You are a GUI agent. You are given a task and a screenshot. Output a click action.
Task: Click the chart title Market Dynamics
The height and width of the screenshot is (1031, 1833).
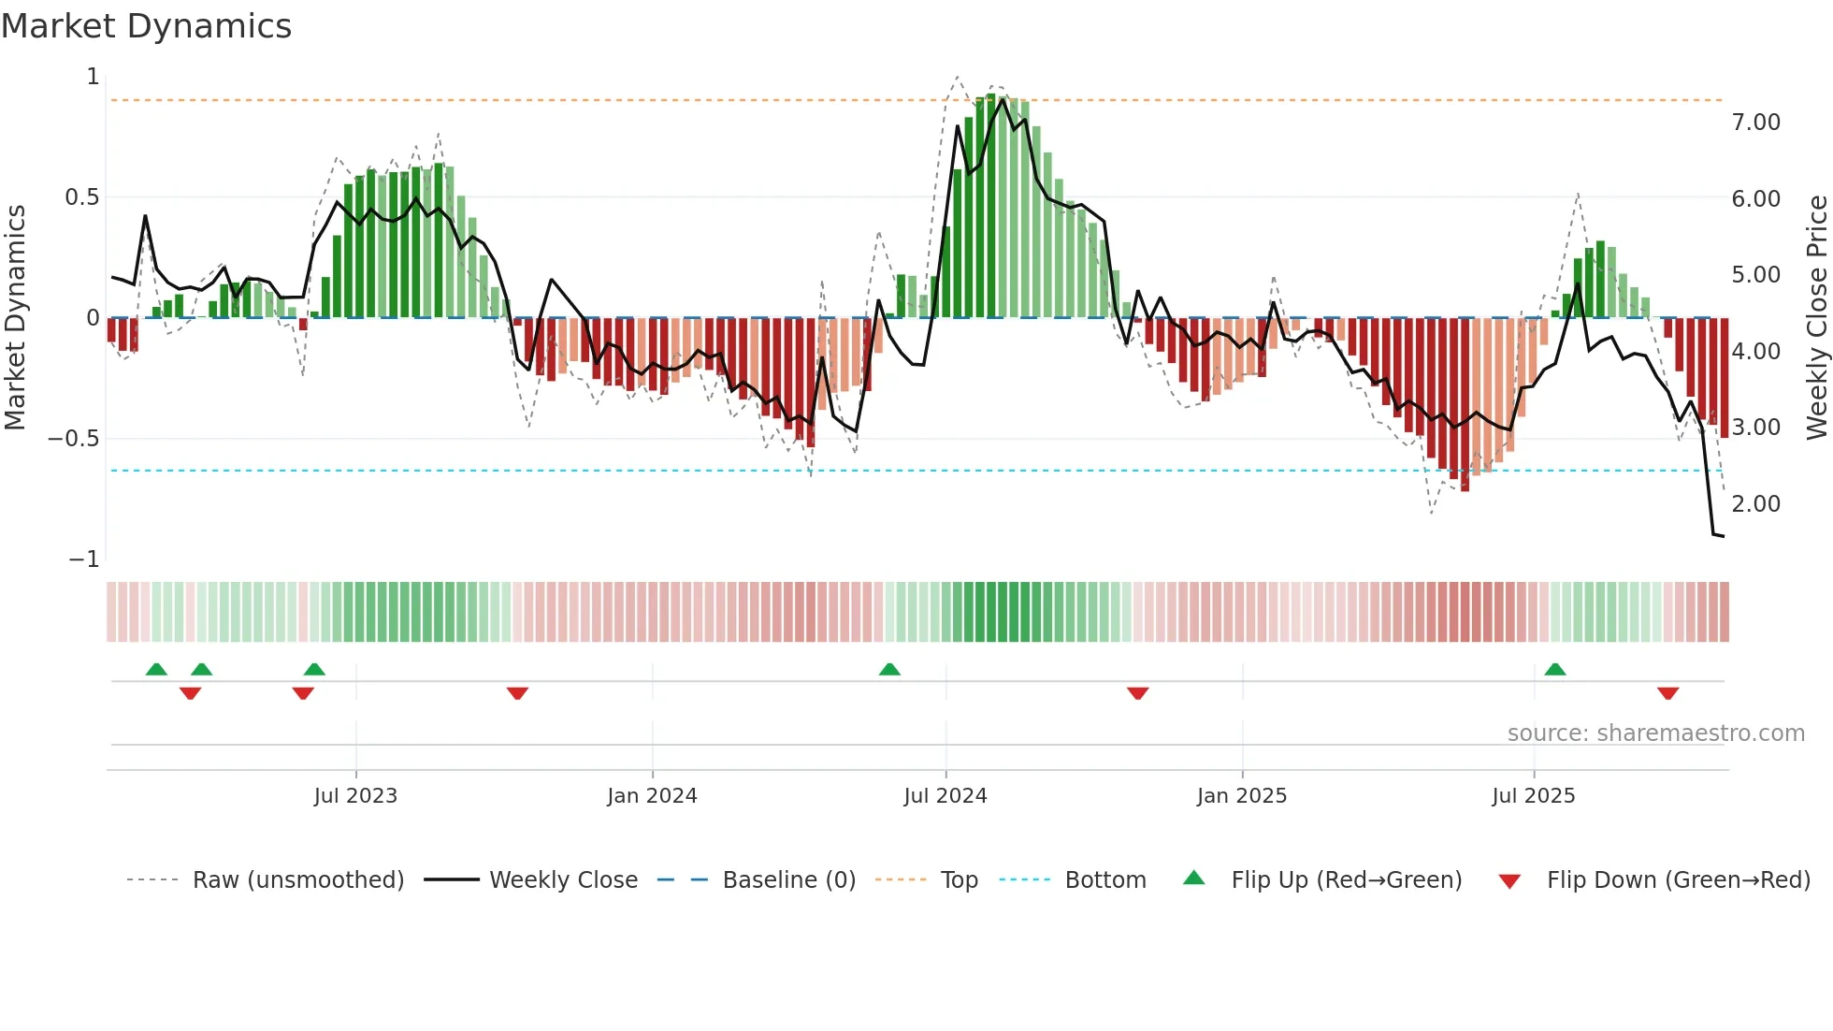146,26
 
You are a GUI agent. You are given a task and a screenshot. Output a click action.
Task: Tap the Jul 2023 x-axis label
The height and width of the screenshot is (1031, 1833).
355,796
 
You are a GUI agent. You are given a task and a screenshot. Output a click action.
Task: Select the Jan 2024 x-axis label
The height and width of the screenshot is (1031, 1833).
652,796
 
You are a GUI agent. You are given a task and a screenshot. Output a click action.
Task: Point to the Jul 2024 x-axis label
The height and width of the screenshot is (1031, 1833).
945,796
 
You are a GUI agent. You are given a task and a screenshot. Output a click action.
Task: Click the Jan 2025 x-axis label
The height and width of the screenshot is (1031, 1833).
1242,796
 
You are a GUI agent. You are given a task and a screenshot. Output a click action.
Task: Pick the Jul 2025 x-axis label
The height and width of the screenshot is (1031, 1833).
1534,796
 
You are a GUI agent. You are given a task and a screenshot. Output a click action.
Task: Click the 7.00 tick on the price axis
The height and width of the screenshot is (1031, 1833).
1756,123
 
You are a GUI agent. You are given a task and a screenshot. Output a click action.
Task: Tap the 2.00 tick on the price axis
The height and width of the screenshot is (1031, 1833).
1756,504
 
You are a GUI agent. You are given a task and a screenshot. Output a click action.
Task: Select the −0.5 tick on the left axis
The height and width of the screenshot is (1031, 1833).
74,439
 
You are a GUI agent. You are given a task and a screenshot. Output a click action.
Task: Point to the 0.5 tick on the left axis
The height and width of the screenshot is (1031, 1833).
81,197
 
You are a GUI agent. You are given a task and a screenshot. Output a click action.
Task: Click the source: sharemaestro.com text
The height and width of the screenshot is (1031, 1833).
1656,733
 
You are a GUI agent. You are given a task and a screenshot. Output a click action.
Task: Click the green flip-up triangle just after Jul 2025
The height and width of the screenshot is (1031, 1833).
1555,670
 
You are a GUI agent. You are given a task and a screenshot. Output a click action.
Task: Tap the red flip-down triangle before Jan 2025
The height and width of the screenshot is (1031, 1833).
1138,693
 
